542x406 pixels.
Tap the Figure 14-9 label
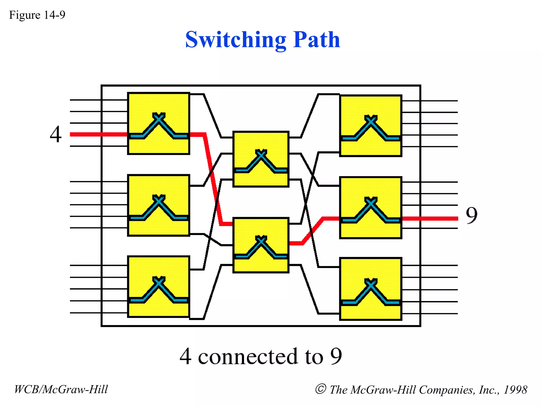point(37,15)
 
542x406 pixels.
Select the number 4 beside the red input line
point(56,134)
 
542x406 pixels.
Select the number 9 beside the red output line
point(472,215)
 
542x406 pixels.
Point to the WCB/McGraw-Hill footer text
point(61,389)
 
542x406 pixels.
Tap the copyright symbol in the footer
point(320,389)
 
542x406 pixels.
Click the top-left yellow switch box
point(159,123)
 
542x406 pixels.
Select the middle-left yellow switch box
point(159,205)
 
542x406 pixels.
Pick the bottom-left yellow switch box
point(159,287)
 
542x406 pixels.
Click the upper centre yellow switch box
point(261,159)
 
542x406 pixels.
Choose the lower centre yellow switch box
point(261,245)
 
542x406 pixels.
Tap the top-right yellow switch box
point(371,126)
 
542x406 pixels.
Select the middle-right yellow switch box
point(371,207)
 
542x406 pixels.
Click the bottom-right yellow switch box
point(371,289)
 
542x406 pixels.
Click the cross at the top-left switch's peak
point(159,117)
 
